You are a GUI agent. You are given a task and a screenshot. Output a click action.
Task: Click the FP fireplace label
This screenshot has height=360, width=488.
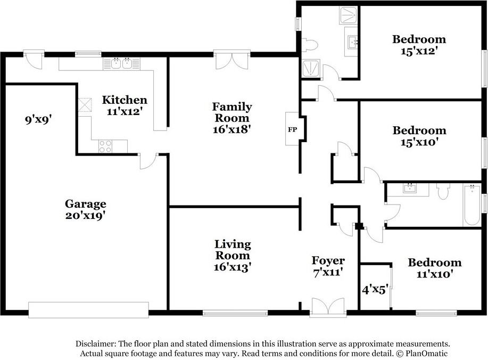[x=292, y=129]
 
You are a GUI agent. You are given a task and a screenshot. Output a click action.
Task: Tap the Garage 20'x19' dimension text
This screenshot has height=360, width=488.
[x=85, y=215]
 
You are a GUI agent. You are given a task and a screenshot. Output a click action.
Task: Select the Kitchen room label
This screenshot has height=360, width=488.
[x=125, y=100]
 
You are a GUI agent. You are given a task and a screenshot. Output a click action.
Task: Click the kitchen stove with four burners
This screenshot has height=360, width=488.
[x=105, y=146]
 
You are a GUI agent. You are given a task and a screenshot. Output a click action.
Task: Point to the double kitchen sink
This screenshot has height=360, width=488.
[x=122, y=63]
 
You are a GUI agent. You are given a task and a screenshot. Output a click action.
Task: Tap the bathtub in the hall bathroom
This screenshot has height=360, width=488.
[x=472, y=205]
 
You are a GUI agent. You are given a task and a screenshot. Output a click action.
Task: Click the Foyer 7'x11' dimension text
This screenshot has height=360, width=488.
[x=328, y=273]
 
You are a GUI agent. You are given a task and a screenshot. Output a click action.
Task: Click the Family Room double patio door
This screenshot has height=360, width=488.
[x=232, y=60]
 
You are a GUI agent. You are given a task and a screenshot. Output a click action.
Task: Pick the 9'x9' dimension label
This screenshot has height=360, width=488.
[x=38, y=119]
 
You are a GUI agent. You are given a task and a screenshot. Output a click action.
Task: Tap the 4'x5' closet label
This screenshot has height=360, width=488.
[x=375, y=290]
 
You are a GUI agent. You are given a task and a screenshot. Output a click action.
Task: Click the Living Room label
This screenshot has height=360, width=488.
[x=233, y=250]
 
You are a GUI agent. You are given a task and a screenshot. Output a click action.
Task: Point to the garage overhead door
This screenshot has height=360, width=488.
[x=88, y=310]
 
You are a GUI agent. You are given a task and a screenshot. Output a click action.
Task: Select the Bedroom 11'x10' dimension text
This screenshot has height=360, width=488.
[x=434, y=274]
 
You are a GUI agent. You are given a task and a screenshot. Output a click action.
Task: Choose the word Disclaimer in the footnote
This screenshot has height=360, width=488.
[x=96, y=344]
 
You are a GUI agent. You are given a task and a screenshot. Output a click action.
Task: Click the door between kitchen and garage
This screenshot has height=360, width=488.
[x=149, y=161]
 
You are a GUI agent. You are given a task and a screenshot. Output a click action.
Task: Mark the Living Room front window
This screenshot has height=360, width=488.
[x=235, y=313]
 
